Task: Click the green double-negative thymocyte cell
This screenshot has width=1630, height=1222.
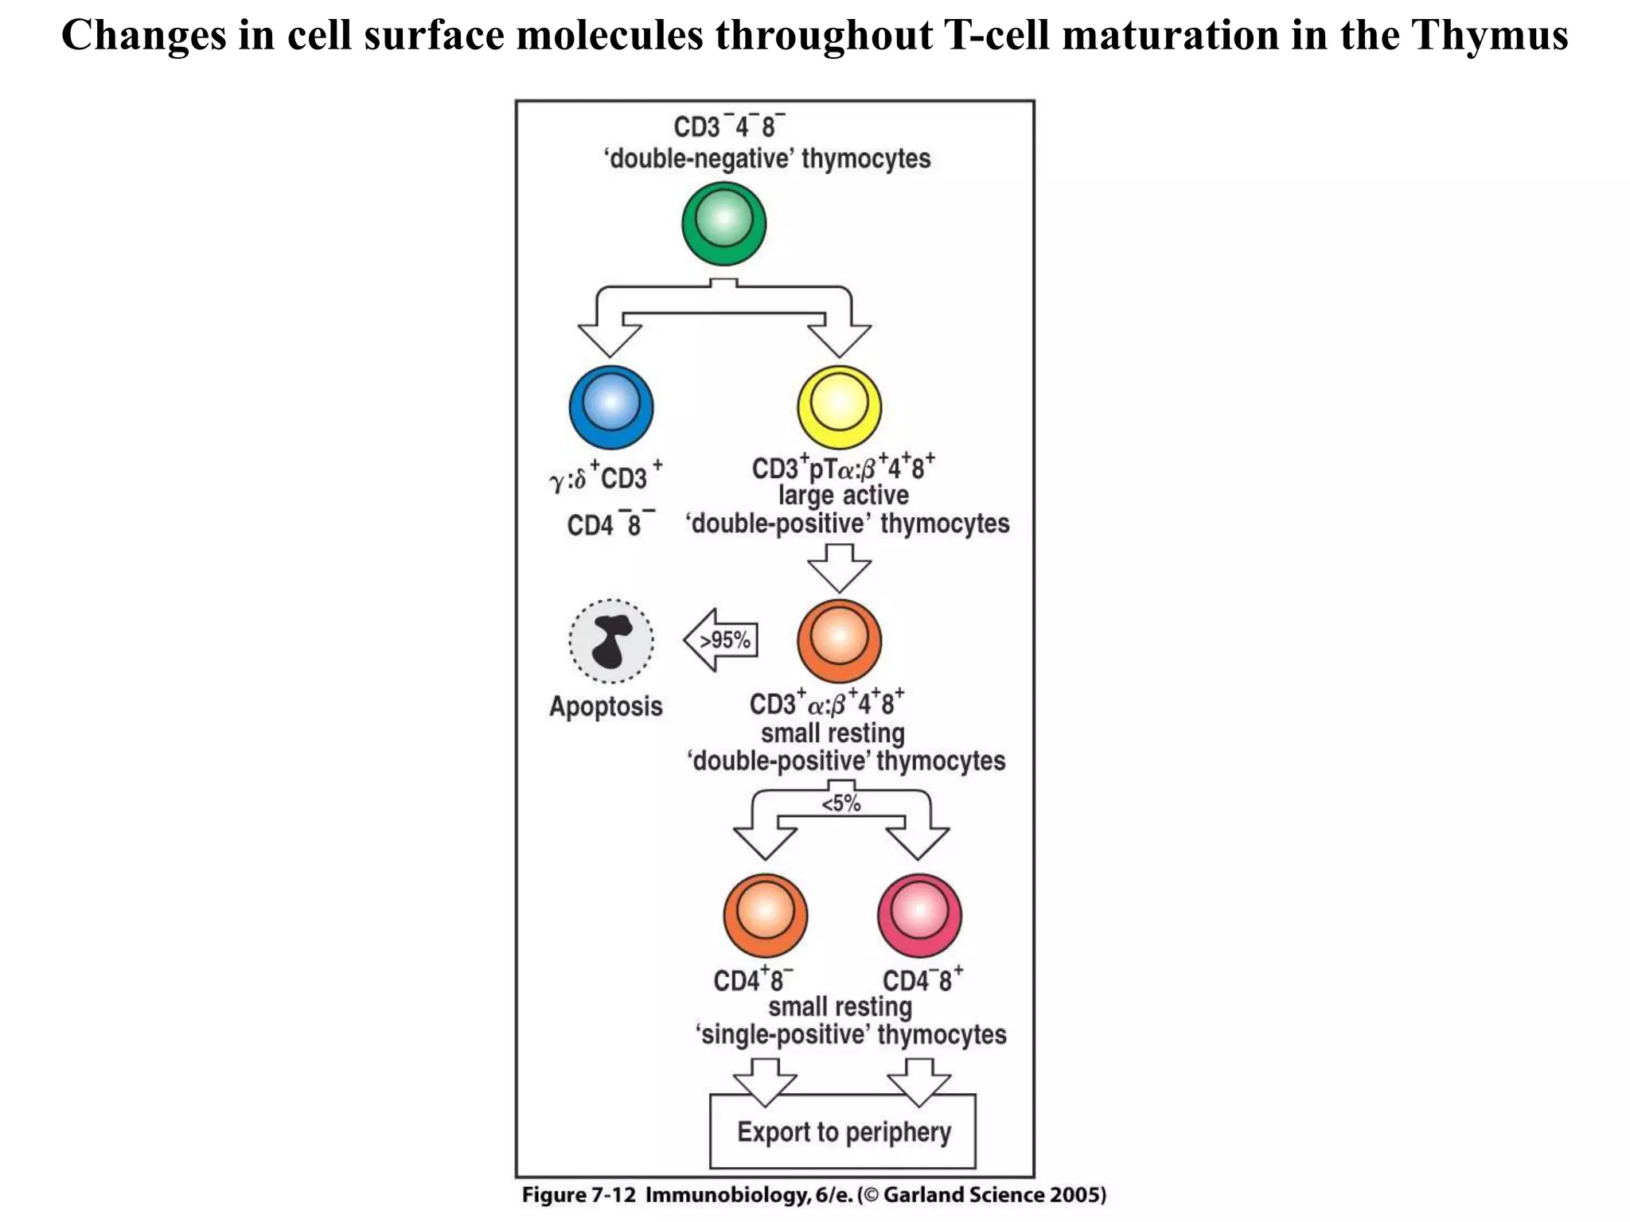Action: point(723,224)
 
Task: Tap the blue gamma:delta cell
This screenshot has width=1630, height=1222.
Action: point(610,407)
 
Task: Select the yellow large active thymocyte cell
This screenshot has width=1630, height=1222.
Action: point(839,407)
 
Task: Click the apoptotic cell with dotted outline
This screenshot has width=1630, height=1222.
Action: point(610,641)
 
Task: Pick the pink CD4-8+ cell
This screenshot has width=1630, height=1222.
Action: point(919,915)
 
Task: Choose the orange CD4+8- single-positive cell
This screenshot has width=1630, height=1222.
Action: point(765,915)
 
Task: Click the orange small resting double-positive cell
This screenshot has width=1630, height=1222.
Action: point(839,641)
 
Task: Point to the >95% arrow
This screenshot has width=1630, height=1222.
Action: point(721,640)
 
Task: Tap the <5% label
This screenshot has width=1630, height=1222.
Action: point(841,804)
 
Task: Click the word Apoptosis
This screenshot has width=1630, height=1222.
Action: point(606,706)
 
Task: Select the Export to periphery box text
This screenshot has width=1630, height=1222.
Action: point(844,1132)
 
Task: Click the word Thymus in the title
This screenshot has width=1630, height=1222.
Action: point(1489,36)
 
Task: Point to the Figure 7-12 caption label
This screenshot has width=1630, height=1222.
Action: point(579,1195)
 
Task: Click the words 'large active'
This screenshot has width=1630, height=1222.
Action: point(843,496)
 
